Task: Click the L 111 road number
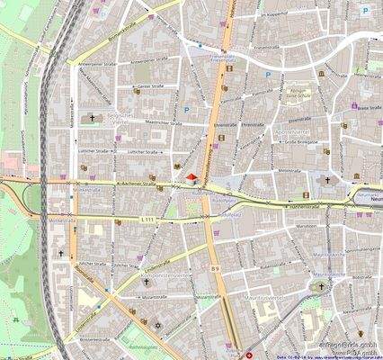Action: (x=148, y=219)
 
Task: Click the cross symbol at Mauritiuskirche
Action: (x=321, y=287)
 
